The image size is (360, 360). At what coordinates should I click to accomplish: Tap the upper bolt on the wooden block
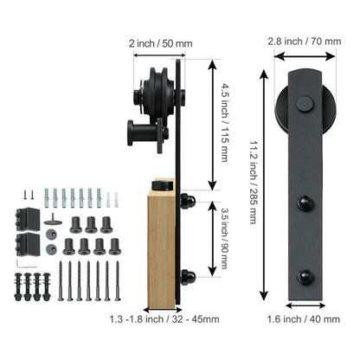click(x=188, y=202)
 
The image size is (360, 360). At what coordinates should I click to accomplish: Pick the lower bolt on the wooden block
click(x=188, y=278)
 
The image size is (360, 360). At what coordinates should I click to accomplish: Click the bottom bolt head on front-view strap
click(x=304, y=277)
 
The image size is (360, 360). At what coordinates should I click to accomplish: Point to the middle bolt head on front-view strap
click(x=304, y=204)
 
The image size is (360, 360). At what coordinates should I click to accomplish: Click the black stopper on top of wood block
click(x=161, y=185)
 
